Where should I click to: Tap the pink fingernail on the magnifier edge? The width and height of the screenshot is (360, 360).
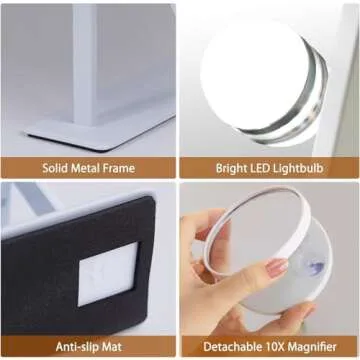point(276,268)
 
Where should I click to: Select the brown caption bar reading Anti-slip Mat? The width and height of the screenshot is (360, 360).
point(89,345)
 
